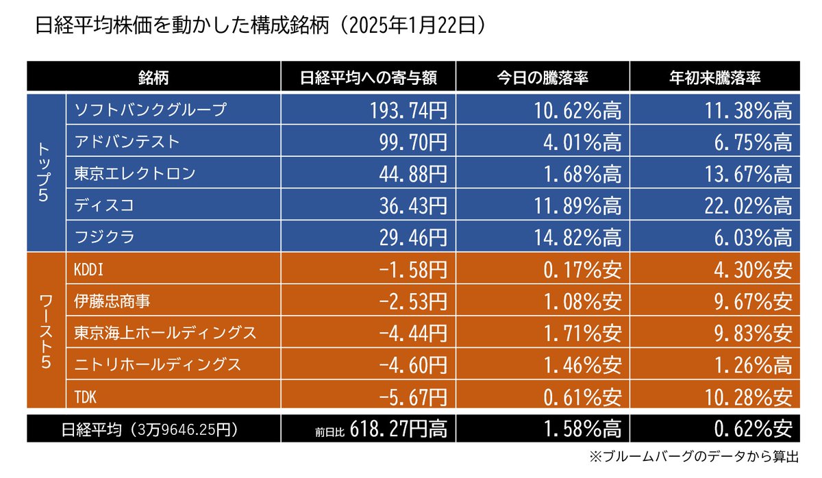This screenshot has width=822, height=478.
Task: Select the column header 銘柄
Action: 153,77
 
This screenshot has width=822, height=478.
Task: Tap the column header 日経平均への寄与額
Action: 368,77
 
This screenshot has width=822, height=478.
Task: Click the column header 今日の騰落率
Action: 543,77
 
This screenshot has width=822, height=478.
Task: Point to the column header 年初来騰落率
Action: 714,77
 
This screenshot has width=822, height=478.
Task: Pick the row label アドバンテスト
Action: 127,142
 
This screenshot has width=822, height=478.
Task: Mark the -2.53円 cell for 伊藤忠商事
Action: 410,301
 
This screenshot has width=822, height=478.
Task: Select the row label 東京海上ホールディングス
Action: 164,334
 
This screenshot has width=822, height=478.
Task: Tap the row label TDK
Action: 86,397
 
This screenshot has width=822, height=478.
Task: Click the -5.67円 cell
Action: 410,397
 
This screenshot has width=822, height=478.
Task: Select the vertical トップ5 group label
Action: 45,173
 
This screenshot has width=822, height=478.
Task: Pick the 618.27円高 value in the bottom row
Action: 399,429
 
